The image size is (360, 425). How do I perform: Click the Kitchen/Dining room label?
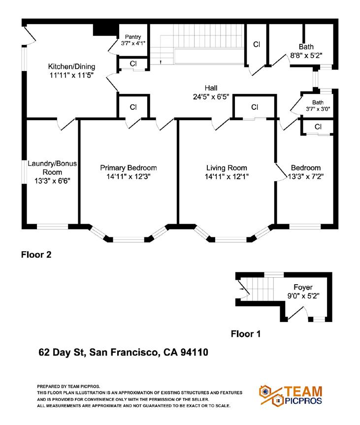pyautogui.click(x=71, y=67)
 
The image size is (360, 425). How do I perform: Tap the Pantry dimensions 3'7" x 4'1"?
pyautogui.click(x=133, y=43)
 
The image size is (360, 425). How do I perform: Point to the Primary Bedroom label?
pyautogui.click(x=128, y=168)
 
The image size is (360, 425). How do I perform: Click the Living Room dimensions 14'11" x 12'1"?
pyautogui.click(x=227, y=176)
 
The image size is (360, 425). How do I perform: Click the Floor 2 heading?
pyautogui.click(x=36, y=255)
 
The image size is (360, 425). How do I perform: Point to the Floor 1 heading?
pyautogui.click(x=246, y=334)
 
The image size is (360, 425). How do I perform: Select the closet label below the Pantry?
pyautogui.click(x=133, y=64)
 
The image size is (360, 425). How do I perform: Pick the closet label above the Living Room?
pyautogui.click(x=255, y=107)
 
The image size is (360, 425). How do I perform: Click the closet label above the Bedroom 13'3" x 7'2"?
pyautogui.click(x=318, y=127)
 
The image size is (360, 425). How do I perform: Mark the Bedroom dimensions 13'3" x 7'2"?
pyautogui.click(x=305, y=176)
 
